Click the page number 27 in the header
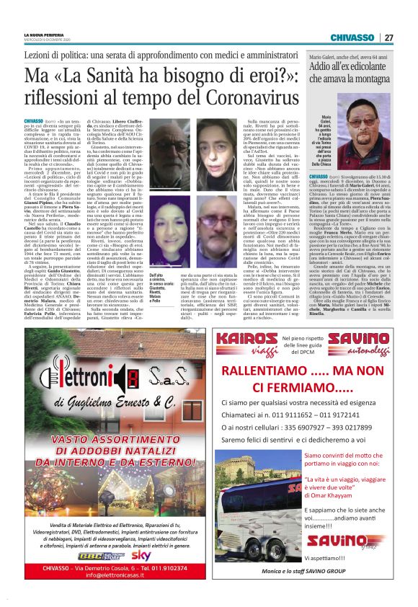click(388, 37)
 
